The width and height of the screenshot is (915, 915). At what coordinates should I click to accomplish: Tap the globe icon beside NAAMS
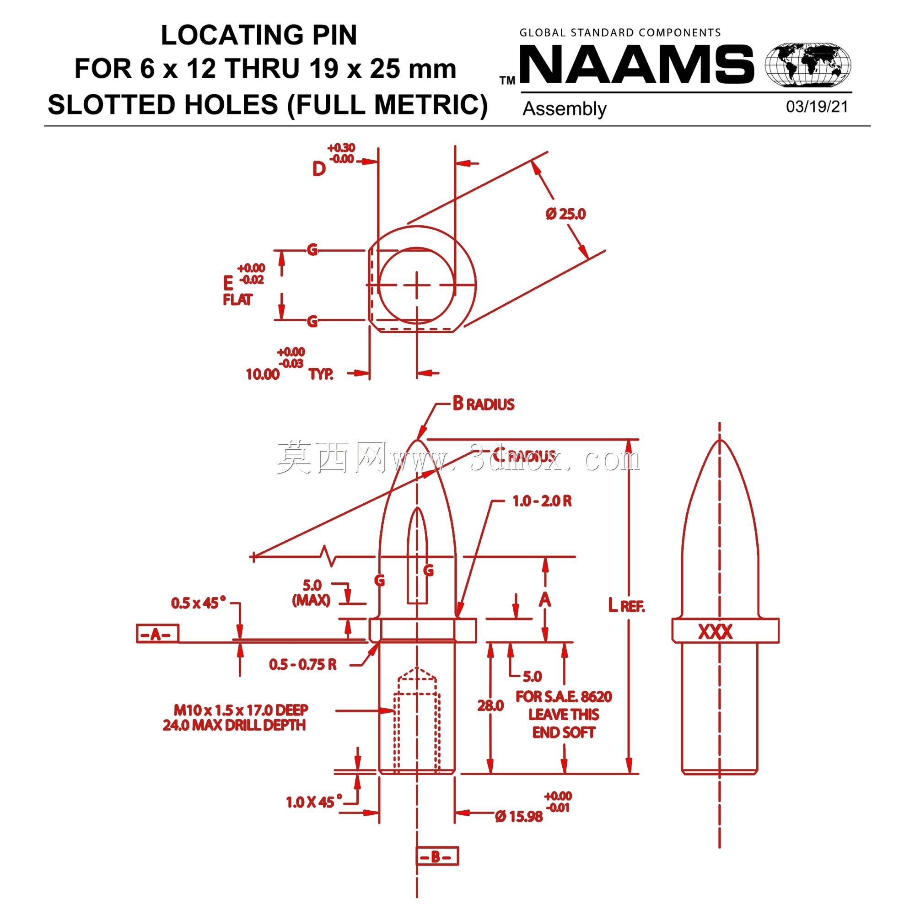pyautogui.click(x=808, y=65)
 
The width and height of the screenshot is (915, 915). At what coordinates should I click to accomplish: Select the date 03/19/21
pyautogui.click(x=817, y=107)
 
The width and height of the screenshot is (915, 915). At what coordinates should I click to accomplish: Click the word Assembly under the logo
pyautogui.click(x=564, y=109)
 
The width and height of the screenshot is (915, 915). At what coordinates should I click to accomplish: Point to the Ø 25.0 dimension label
pyautogui.click(x=566, y=214)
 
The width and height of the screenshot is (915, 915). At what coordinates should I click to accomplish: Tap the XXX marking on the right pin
pyautogui.click(x=715, y=631)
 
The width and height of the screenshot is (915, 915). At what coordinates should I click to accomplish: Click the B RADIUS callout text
pyautogui.click(x=483, y=404)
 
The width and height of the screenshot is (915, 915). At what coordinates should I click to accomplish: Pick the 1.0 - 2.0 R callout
pyautogui.click(x=542, y=501)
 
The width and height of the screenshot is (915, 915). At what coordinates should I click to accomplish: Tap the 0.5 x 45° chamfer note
pyautogui.click(x=199, y=603)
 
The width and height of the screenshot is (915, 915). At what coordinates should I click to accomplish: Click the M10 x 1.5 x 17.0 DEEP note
pyautogui.click(x=241, y=710)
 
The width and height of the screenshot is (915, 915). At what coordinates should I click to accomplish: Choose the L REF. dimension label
pyautogui.click(x=626, y=605)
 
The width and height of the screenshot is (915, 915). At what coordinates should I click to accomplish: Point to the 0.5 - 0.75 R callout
pyautogui.click(x=302, y=664)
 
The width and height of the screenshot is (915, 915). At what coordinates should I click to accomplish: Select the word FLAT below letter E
pyautogui.click(x=237, y=299)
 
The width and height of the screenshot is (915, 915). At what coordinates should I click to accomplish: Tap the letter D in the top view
pyautogui.click(x=319, y=169)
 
